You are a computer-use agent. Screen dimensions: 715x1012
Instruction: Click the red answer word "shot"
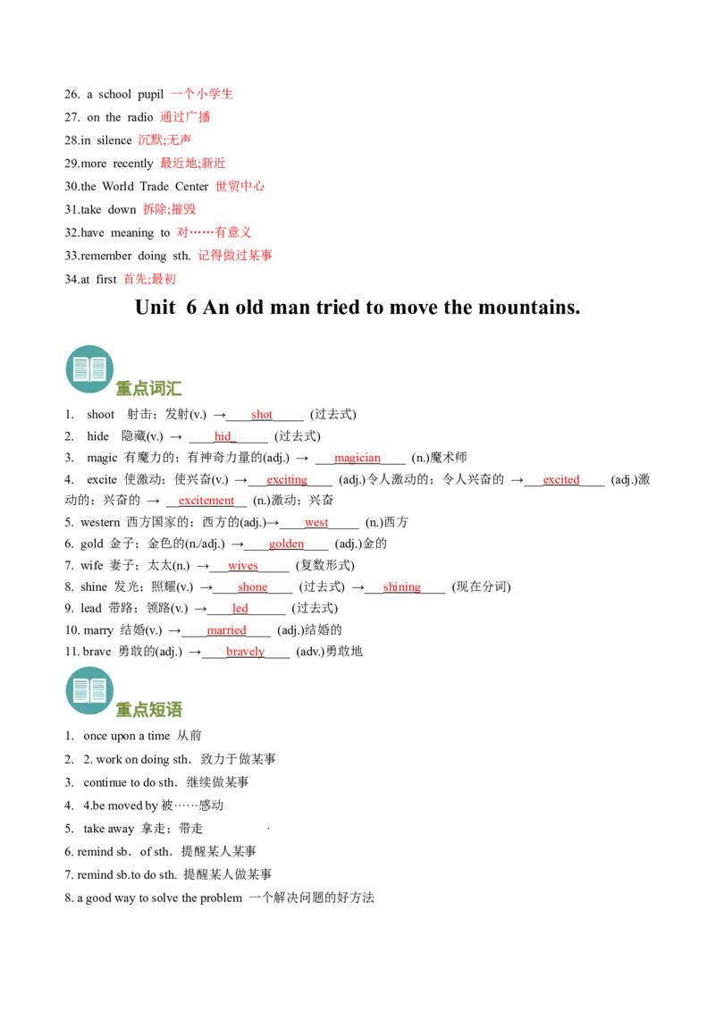(261, 414)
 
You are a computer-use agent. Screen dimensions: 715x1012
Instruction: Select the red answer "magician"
(357, 458)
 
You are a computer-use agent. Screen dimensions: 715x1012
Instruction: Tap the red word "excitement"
(206, 501)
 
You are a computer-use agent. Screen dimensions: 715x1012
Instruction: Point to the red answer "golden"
(287, 544)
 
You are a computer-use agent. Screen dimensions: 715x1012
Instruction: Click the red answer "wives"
(242, 565)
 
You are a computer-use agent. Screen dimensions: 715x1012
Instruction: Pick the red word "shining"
(401, 586)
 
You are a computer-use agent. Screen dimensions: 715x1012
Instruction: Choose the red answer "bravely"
(245, 651)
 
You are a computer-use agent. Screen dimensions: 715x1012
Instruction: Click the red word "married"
(226, 630)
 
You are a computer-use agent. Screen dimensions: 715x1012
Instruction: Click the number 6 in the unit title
(191, 308)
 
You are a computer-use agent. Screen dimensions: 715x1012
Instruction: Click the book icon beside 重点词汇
(89, 369)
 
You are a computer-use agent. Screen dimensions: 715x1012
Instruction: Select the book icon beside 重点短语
(89, 690)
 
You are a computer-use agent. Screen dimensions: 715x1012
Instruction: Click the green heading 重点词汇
(148, 389)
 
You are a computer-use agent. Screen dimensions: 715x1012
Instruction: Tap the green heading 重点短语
(148, 710)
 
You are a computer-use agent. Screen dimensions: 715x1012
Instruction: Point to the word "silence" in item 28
(114, 140)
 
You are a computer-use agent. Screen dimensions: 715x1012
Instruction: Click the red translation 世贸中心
(240, 186)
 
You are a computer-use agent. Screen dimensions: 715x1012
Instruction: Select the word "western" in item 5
(100, 522)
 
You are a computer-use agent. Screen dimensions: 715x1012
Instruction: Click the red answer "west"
(316, 522)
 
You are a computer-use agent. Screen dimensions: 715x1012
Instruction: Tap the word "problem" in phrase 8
(222, 898)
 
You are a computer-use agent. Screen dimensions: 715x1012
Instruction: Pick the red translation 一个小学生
(202, 94)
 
